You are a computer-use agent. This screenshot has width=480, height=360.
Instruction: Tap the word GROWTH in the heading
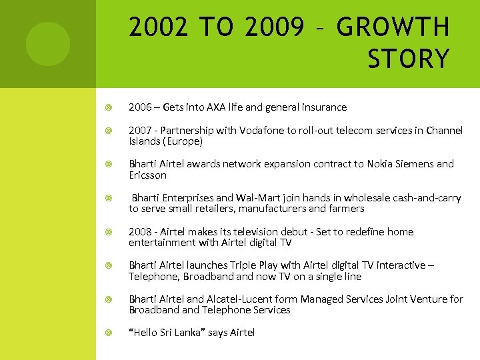[x=393, y=28]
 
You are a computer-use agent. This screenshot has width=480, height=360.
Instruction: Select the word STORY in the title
[x=408, y=59]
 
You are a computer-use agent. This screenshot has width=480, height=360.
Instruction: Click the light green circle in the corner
[x=47, y=44]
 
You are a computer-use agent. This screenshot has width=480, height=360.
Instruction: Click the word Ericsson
[x=147, y=175]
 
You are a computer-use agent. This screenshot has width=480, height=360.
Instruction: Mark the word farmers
[x=344, y=209]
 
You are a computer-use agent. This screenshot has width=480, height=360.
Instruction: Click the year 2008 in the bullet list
[x=141, y=232]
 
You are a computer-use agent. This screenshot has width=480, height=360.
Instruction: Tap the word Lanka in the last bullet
[x=187, y=333]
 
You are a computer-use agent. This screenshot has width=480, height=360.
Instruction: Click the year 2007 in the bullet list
[x=141, y=131]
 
